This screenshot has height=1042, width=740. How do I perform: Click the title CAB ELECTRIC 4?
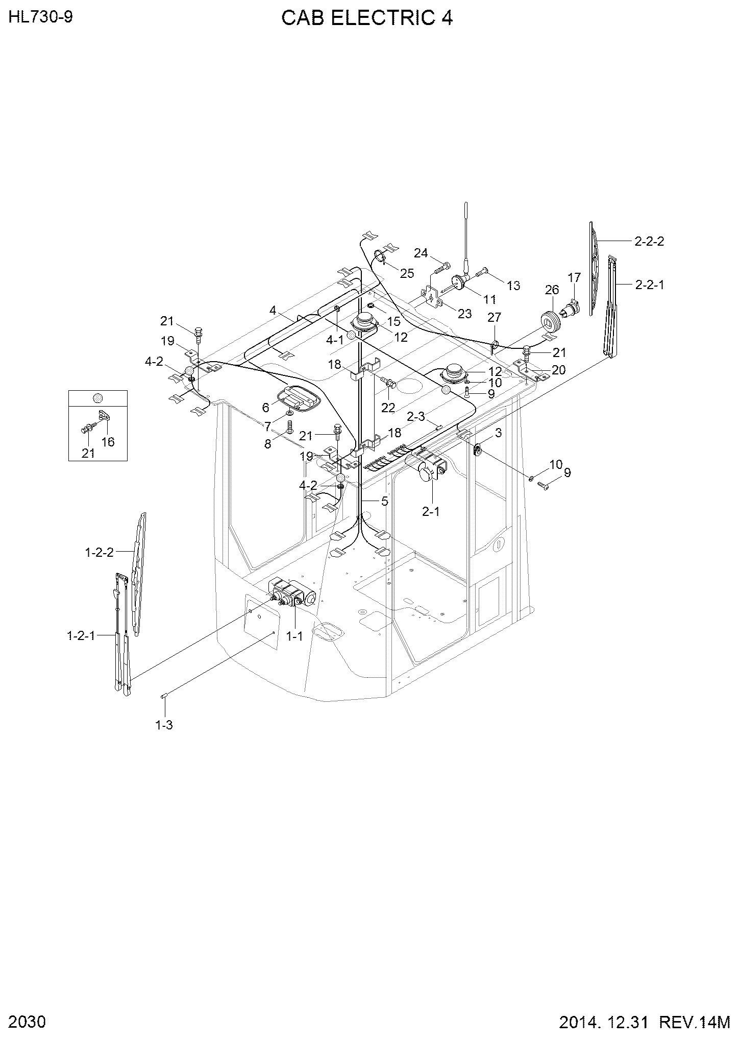tap(367, 18)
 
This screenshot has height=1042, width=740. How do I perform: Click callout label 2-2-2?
tap(649, 241)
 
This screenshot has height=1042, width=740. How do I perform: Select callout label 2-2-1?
tap(649, 285)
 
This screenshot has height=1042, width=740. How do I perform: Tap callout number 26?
tap(552, 290)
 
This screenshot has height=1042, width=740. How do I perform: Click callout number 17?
tap(574, 277)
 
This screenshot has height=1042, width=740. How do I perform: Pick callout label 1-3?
tap(164, 725)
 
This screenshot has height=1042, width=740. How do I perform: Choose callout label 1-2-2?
tap(99, 552)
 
